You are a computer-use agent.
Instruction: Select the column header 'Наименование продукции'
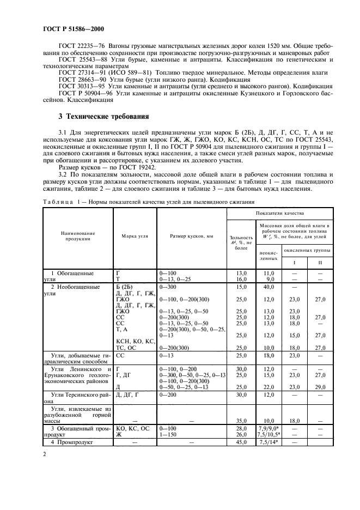click(x=78, y=236)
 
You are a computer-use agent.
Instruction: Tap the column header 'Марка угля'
click(x=135, y=236)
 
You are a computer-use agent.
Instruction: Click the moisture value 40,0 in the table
click(x=268, y=286)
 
